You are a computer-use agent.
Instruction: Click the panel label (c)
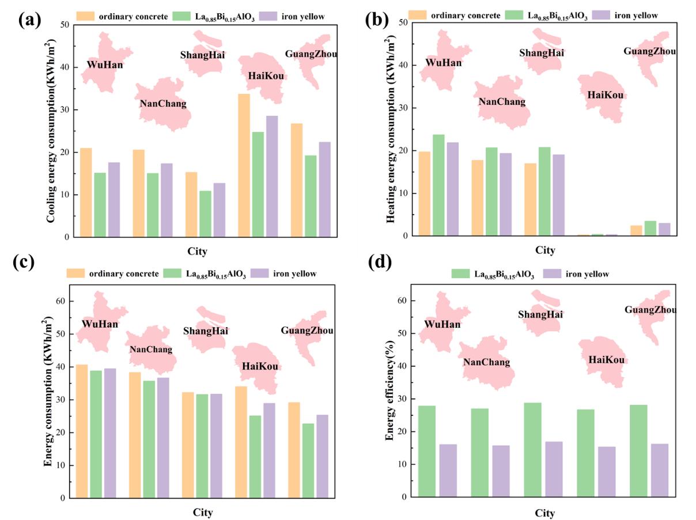click(24, 262)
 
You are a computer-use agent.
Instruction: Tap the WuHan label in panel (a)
click(105, 65)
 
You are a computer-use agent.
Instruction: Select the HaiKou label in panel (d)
click(606, 360)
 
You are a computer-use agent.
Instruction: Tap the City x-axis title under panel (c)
click(202, 513)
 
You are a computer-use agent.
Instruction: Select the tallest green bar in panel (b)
click(438, 185)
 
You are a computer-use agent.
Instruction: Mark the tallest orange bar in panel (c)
click(82, 431)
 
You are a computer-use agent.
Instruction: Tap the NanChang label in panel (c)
click(150, 350)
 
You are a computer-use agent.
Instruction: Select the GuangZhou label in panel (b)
click(649, 51)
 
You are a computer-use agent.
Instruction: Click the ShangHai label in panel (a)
click(203, 55)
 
